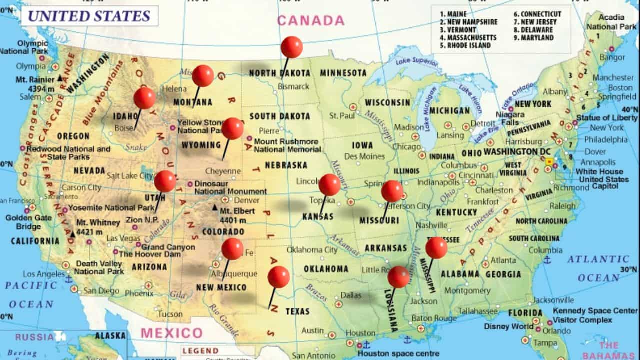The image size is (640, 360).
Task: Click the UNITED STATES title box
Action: click(x=89, y=16)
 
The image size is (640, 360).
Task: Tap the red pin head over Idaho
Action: click(x=144, y=98)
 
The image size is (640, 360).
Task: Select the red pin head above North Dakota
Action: click(x=291, y=47)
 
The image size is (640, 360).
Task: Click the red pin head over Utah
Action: click(x=165, y=181)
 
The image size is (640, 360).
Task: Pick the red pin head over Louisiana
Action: click(x=399, y=277)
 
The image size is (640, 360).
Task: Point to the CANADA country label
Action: click(x=311, y=20)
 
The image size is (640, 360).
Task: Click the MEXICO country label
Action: click(x=172, y=333)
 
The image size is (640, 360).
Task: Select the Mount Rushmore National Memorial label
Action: click(x=287, y=145)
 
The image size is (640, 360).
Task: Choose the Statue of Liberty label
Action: click(x=607, y=118)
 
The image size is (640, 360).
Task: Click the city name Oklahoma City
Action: click(x=312, y=250)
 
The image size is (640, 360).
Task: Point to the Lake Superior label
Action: click(x=416, y=62)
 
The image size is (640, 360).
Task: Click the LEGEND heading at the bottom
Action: click(x=200, y=351)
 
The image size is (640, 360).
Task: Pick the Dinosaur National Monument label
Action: click(x=230, y=187)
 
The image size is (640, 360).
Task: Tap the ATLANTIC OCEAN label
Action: click(x=598, y=268)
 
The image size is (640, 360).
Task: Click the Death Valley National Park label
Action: click(x=99, y=267)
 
